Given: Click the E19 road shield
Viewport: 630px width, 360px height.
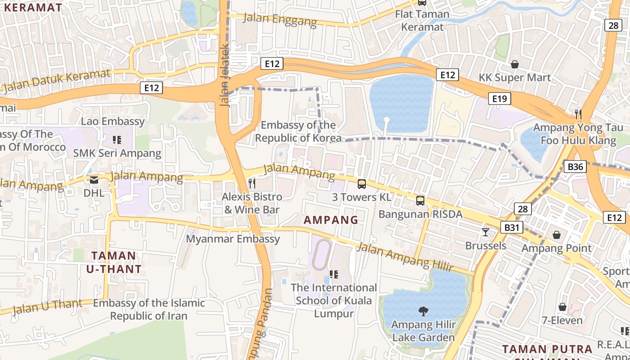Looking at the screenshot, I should [x=499, y=99].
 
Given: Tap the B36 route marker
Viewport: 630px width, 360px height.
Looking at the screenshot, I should [x=575, y=167].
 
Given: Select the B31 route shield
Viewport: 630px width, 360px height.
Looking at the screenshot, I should [x=512, y=227].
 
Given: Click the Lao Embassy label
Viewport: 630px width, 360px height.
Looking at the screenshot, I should [x=113, y=121].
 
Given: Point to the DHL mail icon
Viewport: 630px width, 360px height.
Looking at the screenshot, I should [x=94, y=180].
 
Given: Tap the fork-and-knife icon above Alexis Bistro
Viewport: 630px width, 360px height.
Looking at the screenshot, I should [x=252, y=183].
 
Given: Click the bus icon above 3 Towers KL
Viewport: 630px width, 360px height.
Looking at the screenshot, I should [x=362, y=184].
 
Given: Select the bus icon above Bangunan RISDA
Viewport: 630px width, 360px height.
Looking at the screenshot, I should [x=420, y=201].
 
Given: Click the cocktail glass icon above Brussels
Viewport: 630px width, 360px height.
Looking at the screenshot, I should [x=485, y=232].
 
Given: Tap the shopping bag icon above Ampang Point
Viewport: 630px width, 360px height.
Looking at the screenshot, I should [x=557, y=235].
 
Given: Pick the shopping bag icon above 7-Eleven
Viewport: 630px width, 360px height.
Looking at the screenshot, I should [x=562, y=307].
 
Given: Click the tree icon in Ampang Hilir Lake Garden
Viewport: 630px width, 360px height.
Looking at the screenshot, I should [x=423, y=310].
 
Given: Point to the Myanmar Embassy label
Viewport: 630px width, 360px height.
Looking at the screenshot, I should [x=233, y=239].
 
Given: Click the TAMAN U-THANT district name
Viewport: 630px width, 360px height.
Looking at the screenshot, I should [x=114, y=263].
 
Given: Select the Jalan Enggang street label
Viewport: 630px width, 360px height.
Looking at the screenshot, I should [x=280, y=20].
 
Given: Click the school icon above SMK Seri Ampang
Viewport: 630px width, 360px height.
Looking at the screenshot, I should [x=117, y=140].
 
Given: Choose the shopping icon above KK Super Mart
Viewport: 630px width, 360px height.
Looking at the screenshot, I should [x=515, y=64].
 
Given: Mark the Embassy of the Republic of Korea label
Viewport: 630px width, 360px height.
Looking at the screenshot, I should [x=298, y=131].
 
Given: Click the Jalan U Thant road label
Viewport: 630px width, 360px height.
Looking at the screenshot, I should [x=47, y=306].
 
